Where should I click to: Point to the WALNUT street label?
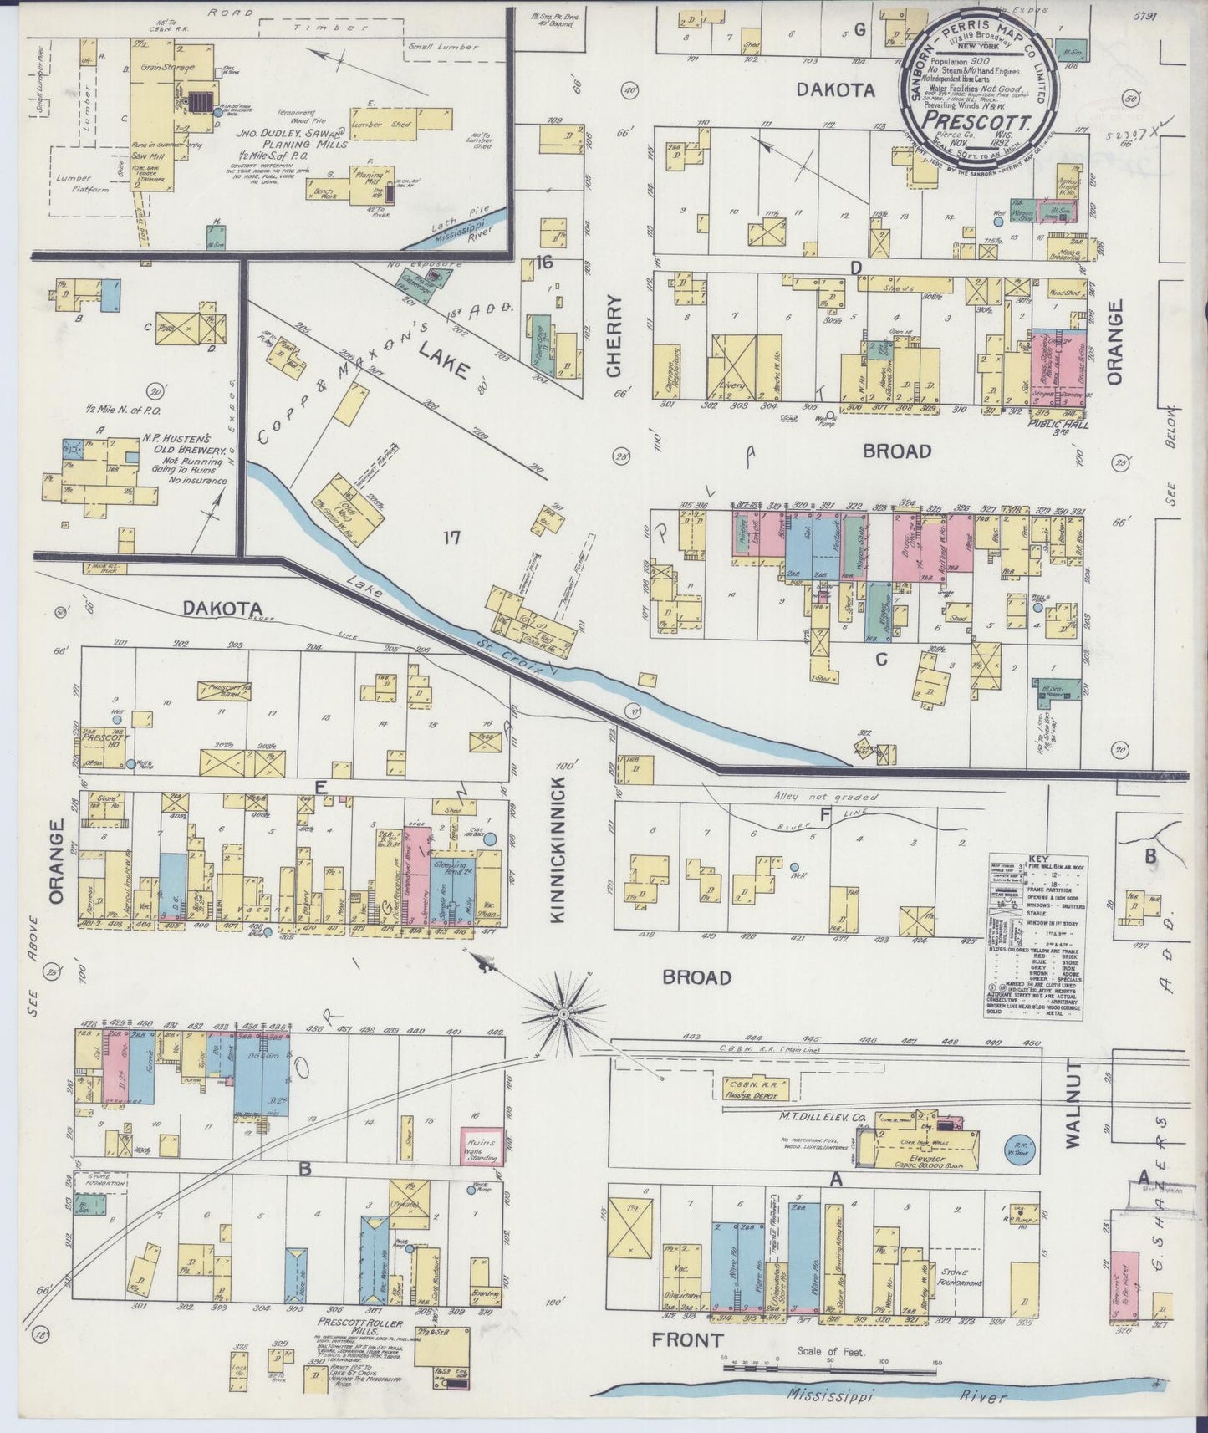(x=1074, y=1103)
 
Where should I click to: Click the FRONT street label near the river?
(x=686, y=1340)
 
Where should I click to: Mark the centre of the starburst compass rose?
(x=563, y=1013)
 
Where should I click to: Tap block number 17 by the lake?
(x=452, y=538)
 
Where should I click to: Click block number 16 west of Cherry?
(x=544, y=263)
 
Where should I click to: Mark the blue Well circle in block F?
(x=794, y=866)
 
